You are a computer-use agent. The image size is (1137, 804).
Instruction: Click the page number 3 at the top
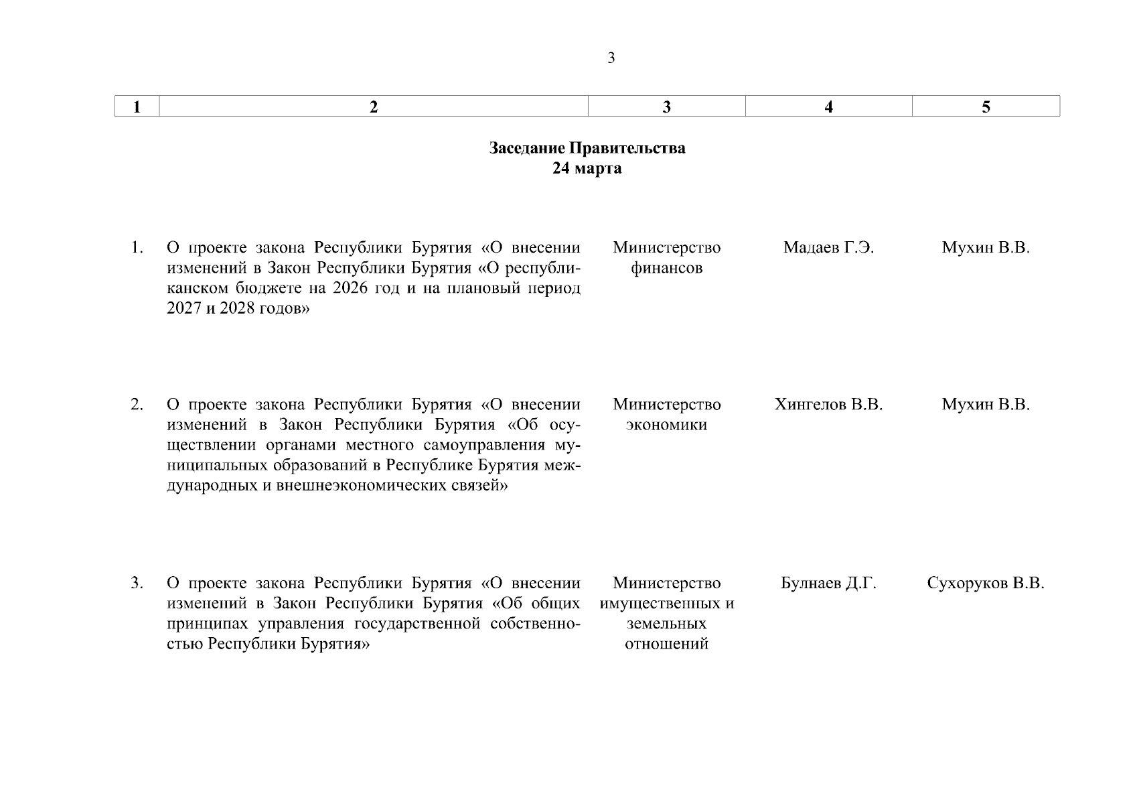point(611,58)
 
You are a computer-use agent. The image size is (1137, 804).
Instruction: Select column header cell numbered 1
point(137,107)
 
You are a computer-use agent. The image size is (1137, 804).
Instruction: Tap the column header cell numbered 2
point(374,107)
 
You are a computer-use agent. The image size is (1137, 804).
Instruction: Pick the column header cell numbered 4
point(828,107)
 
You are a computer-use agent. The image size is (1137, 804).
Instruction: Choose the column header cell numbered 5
point(986,107)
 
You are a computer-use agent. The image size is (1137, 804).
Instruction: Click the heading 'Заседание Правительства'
point(587,148)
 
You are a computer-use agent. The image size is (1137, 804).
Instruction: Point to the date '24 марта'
point(587,168)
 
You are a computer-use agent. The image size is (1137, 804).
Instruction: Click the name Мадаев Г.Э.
point(828,248)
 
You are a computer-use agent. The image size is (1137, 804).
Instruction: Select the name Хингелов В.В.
point(828,405)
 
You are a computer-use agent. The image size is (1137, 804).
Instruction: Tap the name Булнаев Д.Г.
point(828,583)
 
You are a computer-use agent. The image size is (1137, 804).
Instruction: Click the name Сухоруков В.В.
point(986,583)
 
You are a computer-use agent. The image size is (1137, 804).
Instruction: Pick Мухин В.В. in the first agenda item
point(986,248)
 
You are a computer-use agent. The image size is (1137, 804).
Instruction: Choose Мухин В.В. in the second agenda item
point(986,405)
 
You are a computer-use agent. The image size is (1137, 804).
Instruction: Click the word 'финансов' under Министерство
point(666,269)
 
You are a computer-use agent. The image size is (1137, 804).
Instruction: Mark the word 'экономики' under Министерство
point(666,425)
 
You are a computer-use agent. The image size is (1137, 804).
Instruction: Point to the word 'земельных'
point(666,624)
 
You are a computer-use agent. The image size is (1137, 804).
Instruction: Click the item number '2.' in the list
point(137,405)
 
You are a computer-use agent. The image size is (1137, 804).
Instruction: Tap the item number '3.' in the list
point(137,583)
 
